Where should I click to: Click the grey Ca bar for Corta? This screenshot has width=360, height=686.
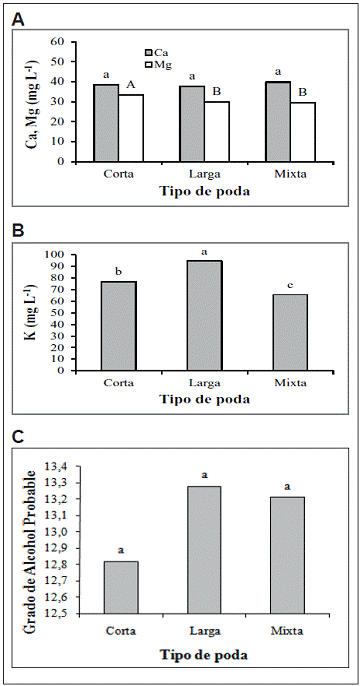pos(106,123)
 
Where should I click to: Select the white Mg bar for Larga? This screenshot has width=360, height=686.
pos(217,131)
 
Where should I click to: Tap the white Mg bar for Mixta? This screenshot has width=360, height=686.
pos(303,132)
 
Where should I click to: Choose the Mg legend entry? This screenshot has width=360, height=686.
pos(158,65)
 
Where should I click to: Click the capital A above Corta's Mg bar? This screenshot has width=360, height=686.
pos(131,85)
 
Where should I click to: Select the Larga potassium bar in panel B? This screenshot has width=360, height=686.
pos(205,316)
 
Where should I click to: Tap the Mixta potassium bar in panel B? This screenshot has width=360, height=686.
pos(291,332)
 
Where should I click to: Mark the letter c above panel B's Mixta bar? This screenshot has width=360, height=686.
pos(290,285)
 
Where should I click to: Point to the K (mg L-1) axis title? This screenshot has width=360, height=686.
pos(31,313)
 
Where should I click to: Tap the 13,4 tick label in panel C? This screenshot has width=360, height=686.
pos(56,467)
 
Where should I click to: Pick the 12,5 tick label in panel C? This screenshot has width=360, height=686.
pos(56,613)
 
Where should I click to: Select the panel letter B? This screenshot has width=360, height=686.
pos(18,230)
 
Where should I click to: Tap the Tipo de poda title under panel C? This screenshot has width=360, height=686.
pos(204,655)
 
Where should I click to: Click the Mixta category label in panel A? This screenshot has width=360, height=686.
pos(291,174)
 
